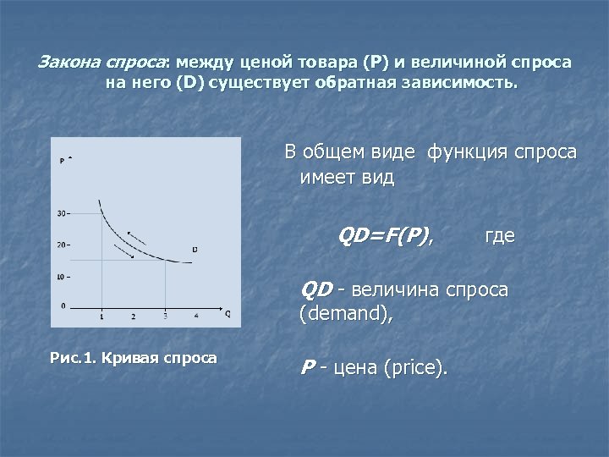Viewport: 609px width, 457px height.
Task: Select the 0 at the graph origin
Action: (x=63, y=304)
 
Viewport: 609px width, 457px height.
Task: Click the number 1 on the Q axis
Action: (x=101, y=316)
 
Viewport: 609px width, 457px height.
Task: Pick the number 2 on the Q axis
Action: (x=133, y=316)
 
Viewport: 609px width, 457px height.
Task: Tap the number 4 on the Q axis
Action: (x=196, y=316)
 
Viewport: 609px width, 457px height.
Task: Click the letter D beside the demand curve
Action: (x=195, y=249)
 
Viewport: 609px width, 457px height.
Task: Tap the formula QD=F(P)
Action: (x=386, y=235)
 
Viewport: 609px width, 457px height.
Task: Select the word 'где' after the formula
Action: (x=499, y=235)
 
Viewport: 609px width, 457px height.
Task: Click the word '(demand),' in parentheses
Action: (x=346, y=315)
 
